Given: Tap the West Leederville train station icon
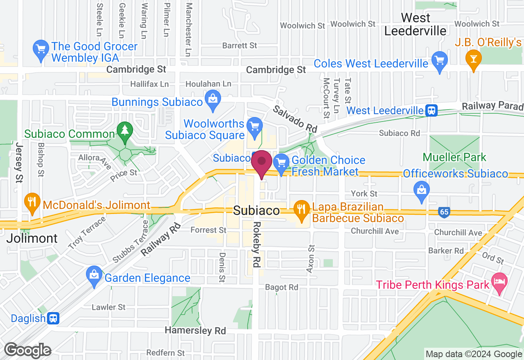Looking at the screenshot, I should [x=431, y=110].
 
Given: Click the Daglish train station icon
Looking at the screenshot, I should [x=53, y=318].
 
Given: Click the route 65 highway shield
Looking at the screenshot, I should [x=444, y=212].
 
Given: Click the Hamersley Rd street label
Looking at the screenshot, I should [x=195, y=331].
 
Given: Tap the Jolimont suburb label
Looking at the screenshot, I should [x=32, y=238].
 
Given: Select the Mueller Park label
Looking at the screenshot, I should [x=454, y=157].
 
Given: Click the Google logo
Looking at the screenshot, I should [x=28, y=350].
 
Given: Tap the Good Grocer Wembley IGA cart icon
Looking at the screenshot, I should [x=41, y=50].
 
